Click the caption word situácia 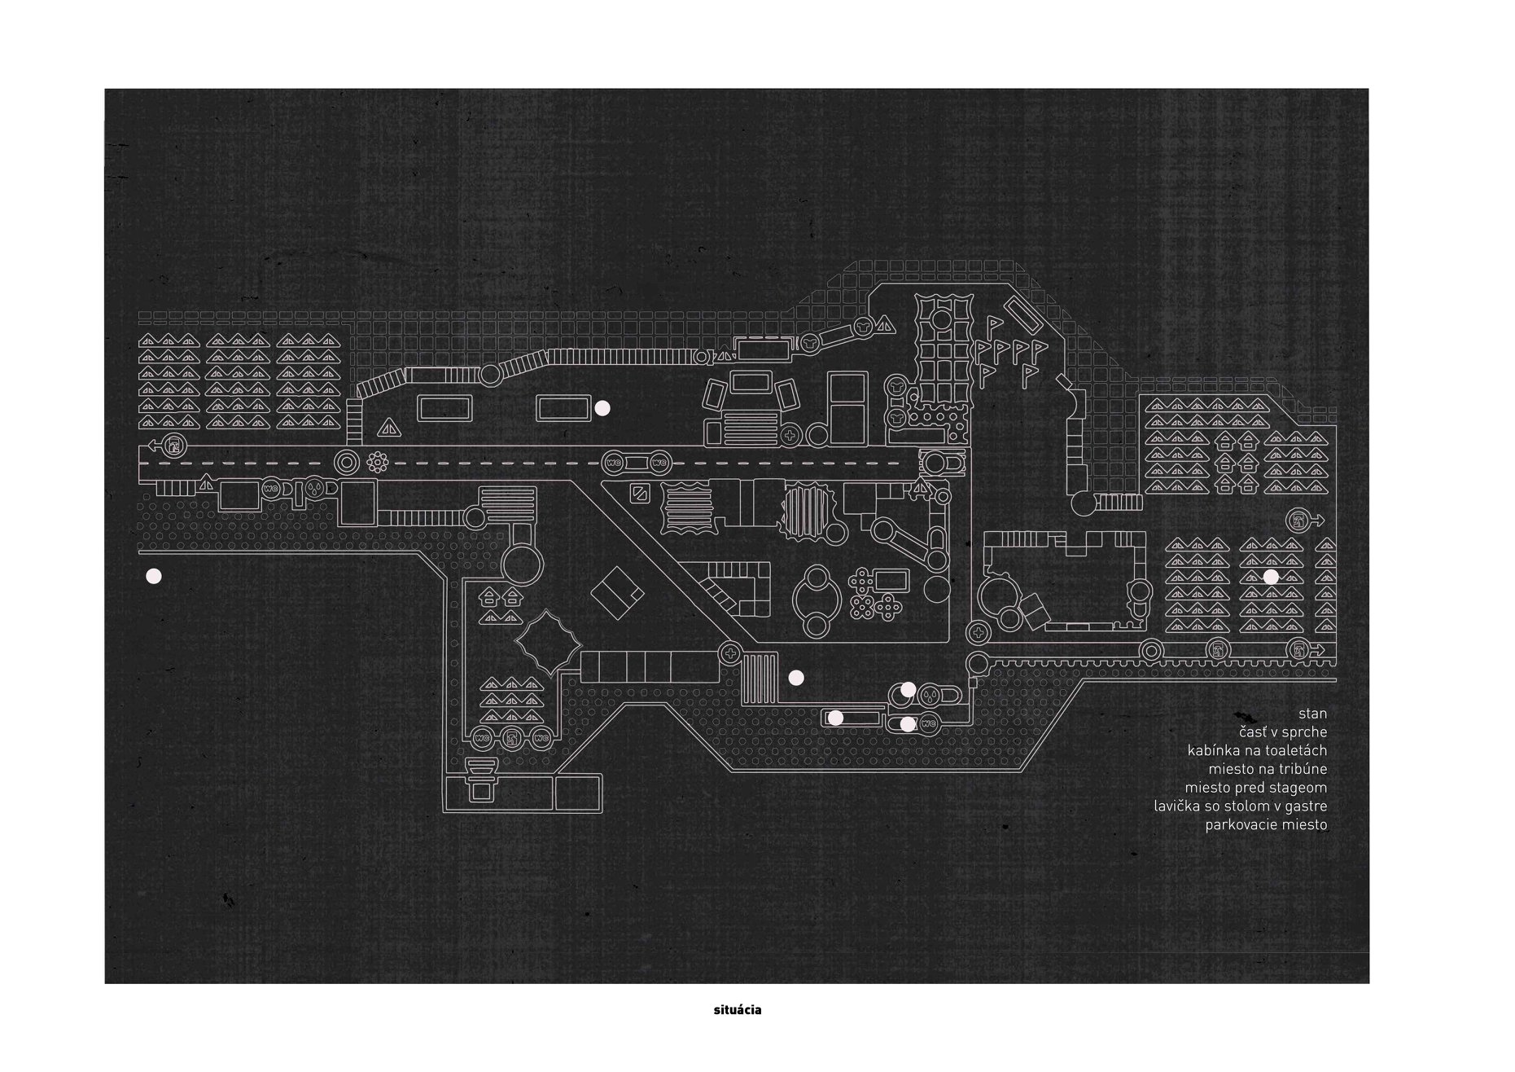pos(735,1010)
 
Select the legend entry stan pos(1312,714)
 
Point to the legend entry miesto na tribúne pos(1268,769)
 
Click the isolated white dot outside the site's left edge pos(153,577)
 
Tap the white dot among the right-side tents pos(1271,576)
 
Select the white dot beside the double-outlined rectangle pos(602,409)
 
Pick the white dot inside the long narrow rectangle pos(835,718)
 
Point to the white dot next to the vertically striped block pos(796,677)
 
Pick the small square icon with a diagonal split pos(640,493)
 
